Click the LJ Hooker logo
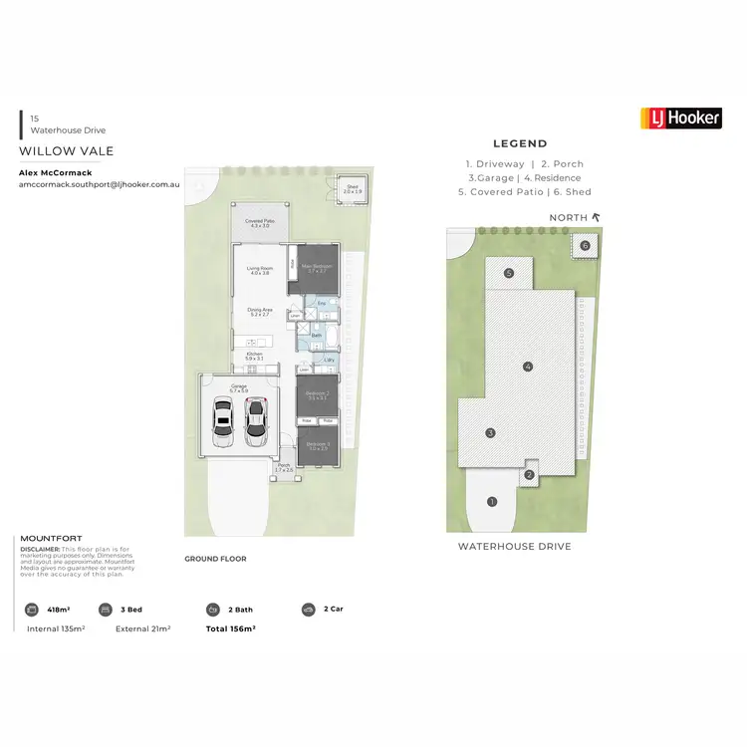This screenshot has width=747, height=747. tap(681, 119)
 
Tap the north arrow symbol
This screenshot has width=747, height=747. tap(597, 216)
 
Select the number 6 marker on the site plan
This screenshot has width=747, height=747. tap(585, 245)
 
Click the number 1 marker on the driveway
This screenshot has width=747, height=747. tap(492, 501)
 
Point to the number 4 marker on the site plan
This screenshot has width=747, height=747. tap(528, 367)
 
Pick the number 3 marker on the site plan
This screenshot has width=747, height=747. tap(491, 433)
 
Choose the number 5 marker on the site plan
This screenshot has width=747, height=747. tap(509, 273)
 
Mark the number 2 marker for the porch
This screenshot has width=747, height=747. tap(530, 475)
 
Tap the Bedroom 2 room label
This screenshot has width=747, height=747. tap(318, 394)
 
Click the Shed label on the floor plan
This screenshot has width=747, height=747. tap(353, 189)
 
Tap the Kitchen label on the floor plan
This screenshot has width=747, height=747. tap(255, 357)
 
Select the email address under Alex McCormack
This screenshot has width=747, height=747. tap(98, 185)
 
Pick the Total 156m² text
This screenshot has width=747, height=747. tap(231, 628)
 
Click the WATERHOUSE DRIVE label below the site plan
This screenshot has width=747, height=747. tap(515, 546)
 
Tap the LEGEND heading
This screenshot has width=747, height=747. tap(520, 143)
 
